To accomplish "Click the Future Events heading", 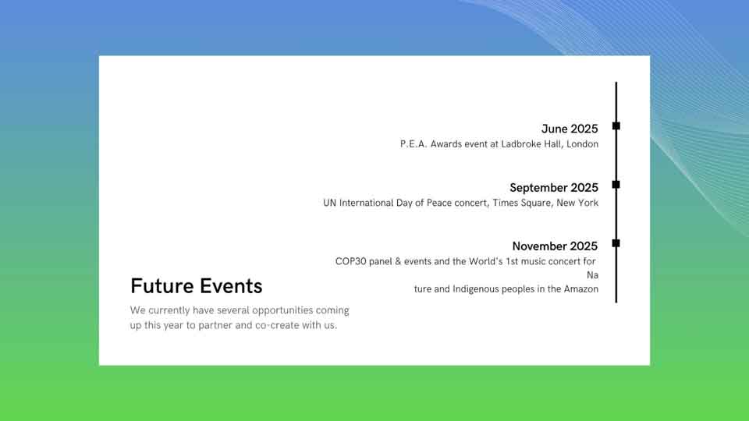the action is [x=197, y=286].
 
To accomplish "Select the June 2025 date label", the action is [x=570, y=129].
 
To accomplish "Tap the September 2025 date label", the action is [x=554, y=188].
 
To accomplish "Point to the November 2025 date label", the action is [x=555, y=246].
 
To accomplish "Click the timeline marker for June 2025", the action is [x=616, y=126].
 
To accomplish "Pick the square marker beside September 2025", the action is [x=616, y=184].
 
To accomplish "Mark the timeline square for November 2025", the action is [x=616, y=243].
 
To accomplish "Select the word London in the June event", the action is [x=582, y=144].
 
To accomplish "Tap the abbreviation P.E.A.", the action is [x=414, y=144].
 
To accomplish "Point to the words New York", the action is [x=577, y=203].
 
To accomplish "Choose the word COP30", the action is [x=350, y=262].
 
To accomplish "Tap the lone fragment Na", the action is [x=592, y=275].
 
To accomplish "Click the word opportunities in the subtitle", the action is [x=282, y=310].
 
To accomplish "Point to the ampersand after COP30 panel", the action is [x=399, y=262].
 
